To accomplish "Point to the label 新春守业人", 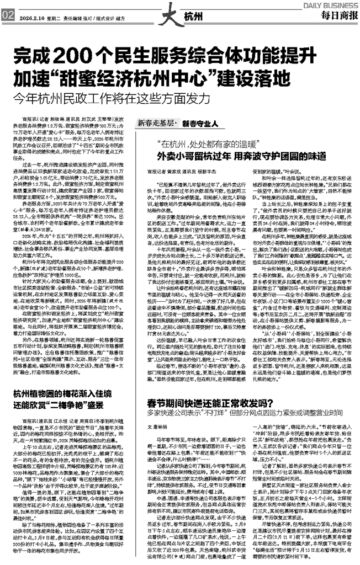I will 203,122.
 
